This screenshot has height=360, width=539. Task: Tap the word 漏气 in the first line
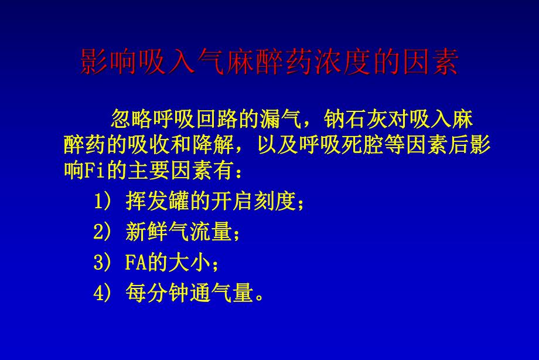coord(279,119)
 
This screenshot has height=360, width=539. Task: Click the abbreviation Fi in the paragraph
coord(93,172)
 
